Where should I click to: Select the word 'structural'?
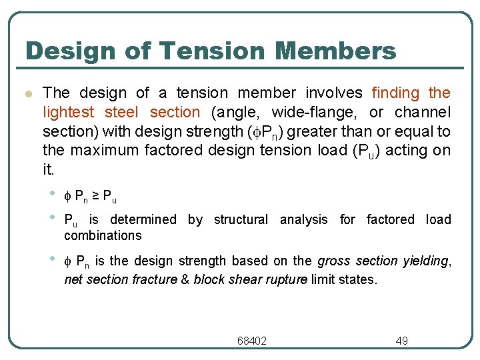241,219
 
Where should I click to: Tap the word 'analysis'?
306,219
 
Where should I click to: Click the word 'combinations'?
103,235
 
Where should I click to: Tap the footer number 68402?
252,341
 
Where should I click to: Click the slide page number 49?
401,341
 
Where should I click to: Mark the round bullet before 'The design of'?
27,93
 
